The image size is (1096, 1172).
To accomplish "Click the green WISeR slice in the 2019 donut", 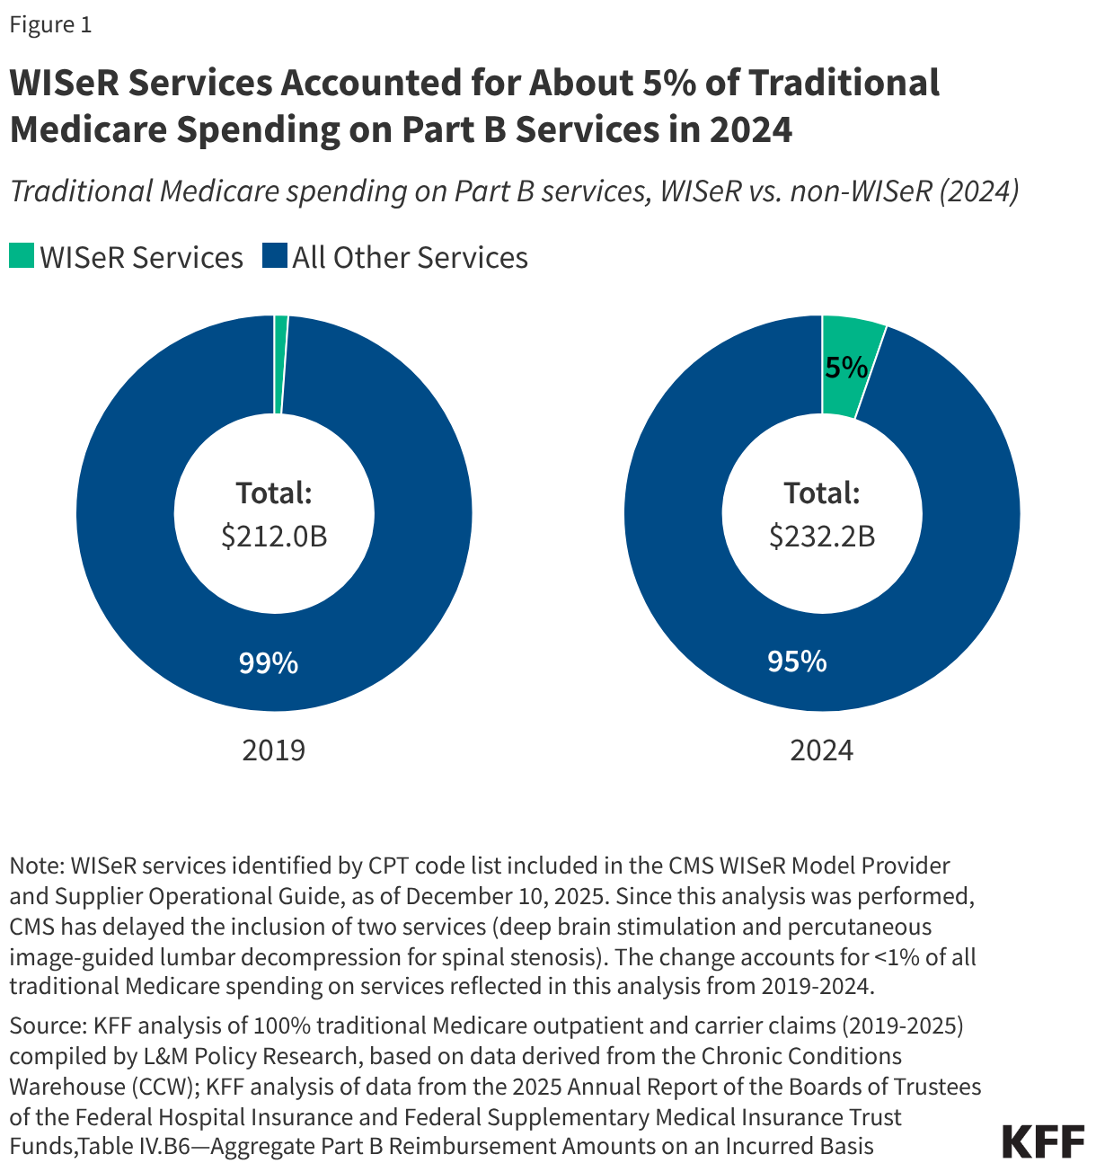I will [280, 364].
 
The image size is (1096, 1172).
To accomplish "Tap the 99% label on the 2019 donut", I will [268, 663].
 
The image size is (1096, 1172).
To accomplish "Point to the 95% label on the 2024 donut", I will [796, 661].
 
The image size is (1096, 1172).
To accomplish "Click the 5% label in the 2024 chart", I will [845, 368].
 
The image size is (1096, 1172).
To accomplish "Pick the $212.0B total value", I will [274, 537].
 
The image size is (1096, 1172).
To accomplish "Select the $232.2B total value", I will [822, 537].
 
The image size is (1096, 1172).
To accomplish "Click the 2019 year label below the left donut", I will [274, 750].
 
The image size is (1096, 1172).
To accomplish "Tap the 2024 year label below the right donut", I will [821, 750].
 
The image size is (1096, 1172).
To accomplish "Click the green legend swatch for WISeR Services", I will [22, 257].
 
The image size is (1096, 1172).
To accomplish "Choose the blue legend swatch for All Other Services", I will [274, 257].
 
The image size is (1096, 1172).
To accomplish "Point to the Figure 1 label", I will [50, 24].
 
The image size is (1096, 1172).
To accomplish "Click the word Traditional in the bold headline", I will [844, 83].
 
